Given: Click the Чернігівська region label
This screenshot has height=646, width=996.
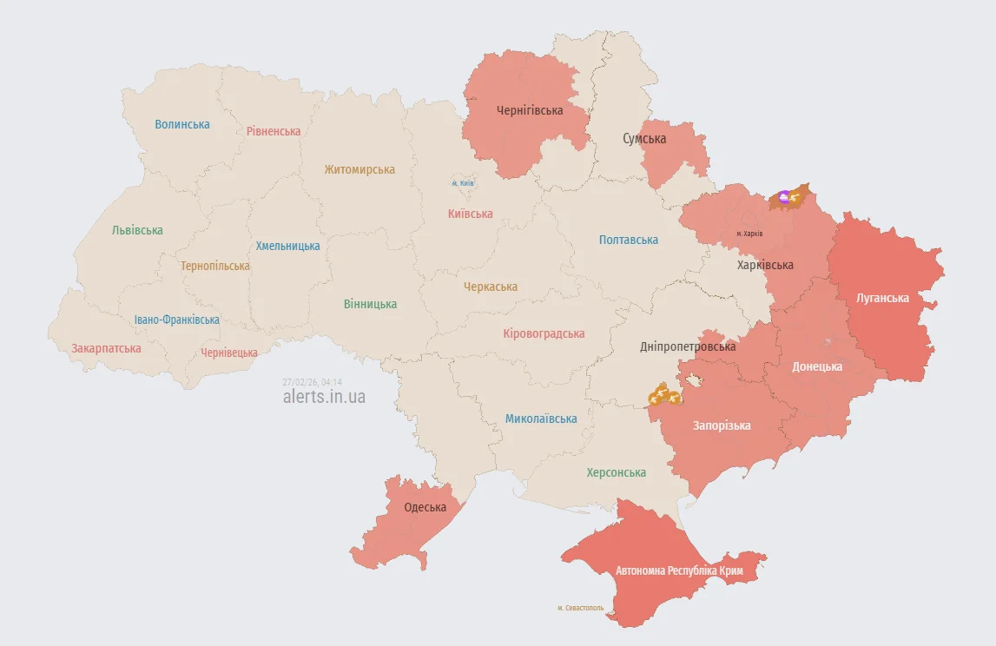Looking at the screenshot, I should click(530, 110).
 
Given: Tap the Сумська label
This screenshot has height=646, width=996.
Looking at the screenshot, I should click(644, 139).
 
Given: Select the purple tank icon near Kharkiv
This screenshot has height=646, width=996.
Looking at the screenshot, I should click(784, 198).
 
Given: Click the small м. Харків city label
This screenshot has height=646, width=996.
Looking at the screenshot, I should click(749, 234).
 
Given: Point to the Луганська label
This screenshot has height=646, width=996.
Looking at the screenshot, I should click(882, 298).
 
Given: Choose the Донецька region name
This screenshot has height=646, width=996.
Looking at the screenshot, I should click(817, 366).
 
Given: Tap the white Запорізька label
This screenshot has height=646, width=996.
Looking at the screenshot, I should click(722, 425).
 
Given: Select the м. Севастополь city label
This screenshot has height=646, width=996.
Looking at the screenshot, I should click(580, 608).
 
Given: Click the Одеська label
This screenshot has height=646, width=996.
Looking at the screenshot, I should click(425, 507).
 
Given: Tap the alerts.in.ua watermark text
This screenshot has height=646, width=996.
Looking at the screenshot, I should click(324, 397).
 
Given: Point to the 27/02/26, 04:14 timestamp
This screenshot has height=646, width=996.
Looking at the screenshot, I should click(312, 382).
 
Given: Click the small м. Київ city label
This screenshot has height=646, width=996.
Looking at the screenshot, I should click(462, 183).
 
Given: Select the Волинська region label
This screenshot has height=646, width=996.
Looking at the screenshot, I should click(182, 124).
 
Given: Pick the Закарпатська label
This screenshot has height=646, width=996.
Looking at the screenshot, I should click(106, 348).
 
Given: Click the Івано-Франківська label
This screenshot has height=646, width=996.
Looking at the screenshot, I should click(177, 320).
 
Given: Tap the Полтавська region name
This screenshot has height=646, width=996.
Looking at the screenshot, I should click(629, 240).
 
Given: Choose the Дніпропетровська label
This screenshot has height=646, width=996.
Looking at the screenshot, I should click(688, 346).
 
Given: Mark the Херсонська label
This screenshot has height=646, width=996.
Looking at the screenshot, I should click(616, 472).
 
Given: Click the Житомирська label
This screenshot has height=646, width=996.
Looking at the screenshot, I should click(359, 169).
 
